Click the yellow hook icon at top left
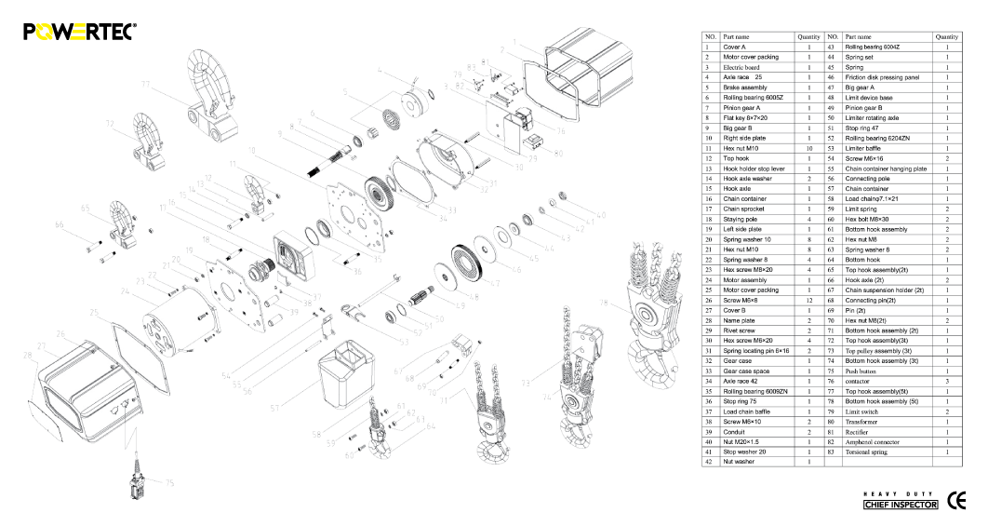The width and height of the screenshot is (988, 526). click(44, 33)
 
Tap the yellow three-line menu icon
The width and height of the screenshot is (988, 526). click(78, 33)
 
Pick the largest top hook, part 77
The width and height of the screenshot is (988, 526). click(210, 89)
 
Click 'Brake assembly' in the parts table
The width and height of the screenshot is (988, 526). click(745, 88)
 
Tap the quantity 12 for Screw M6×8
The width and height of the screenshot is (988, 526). click(809, 300)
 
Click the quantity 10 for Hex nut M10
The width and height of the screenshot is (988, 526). click(809, 148)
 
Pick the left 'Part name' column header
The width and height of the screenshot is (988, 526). click(737, 36)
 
